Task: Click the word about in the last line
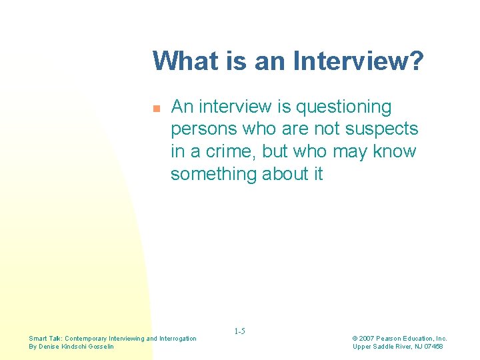283,174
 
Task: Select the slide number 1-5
240,331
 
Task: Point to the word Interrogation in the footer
178,339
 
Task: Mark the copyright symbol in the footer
355,339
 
